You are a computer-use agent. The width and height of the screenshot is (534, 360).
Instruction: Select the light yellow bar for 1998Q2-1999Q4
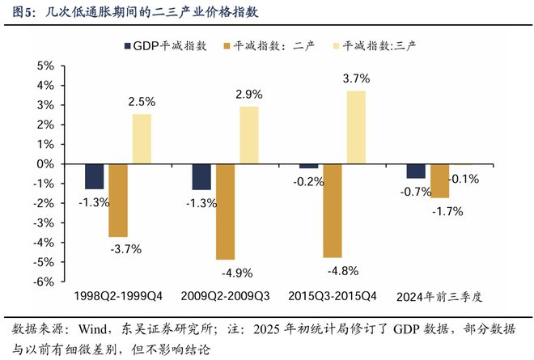click(x=142, y=138)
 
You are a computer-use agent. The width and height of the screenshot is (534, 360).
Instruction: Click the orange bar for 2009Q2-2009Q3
click(x=225, y=211)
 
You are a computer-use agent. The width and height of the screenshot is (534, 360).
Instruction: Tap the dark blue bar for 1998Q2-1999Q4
click(x=95, y=176)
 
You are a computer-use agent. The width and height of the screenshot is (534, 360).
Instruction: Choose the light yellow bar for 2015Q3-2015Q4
click(x=356, y=127)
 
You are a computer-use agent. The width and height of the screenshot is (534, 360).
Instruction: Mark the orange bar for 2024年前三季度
click(x=439, y=180)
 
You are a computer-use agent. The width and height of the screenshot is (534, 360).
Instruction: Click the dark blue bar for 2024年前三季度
click(x=416, y=171)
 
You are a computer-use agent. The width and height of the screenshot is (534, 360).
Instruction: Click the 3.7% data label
click(x=356, y=78)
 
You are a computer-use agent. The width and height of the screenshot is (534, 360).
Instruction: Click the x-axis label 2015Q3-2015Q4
click(x=333, y=296)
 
